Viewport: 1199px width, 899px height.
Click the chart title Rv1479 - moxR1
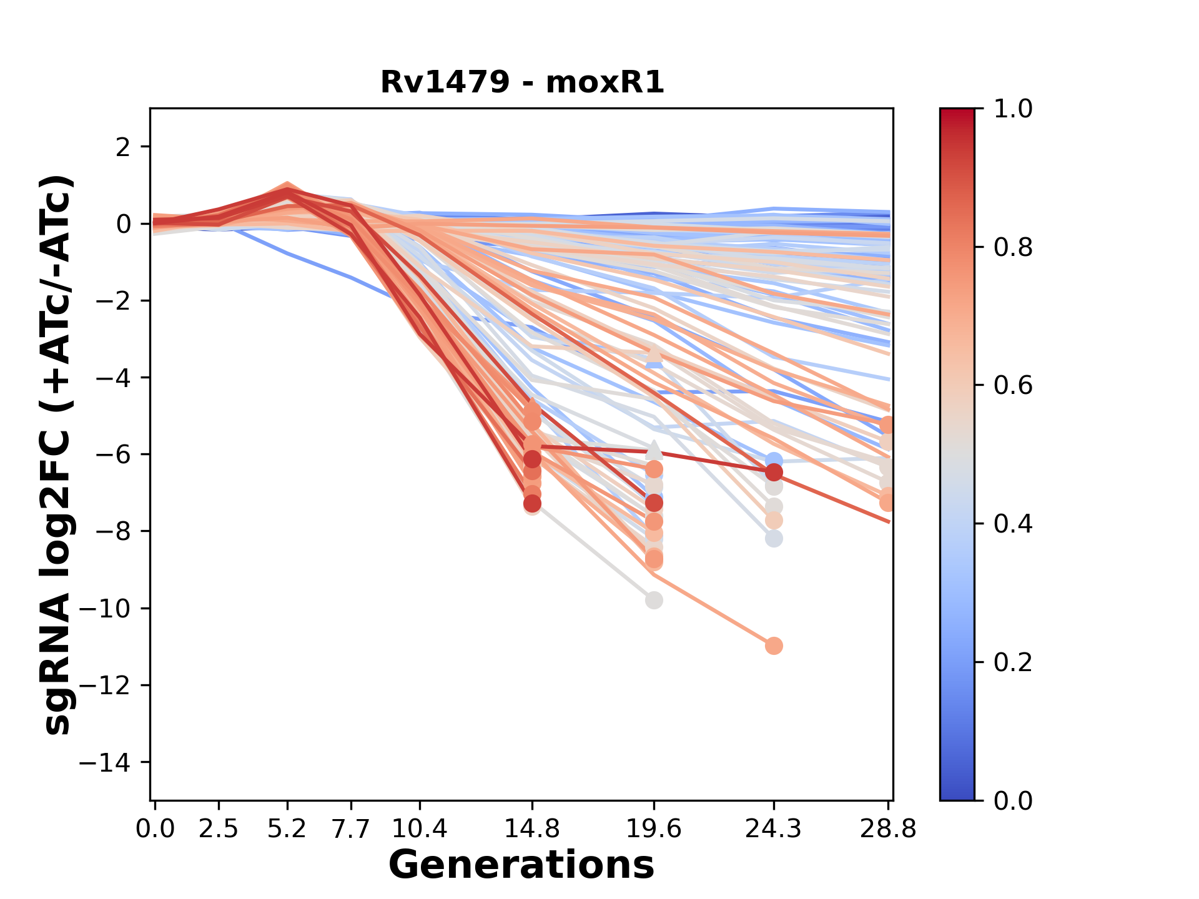tap(522, 82)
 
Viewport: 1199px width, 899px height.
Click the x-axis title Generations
tap(521, 865)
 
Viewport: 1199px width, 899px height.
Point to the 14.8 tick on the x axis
tap(531, 829)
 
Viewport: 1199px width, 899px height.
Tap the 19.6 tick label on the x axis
tap(654, 829)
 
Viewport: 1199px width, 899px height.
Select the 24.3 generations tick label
tap(774, 829)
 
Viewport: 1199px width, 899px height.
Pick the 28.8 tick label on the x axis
tap(888, 829)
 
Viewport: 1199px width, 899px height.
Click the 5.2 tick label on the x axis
tap(287, 829)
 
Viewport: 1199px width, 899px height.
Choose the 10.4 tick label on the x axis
tap(419, 829)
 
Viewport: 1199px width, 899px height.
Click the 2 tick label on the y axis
tap(123, 147)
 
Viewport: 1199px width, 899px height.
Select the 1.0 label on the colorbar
tap(1012, 109)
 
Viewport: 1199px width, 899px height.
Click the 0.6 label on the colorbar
tap(1012, 386)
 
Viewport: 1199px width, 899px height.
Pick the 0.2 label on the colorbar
tap(1012, 662)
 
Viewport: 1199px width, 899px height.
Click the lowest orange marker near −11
tap(774, 646)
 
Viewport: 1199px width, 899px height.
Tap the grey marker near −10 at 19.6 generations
tap(654, 601)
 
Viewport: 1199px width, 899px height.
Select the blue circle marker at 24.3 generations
tap(774, 461)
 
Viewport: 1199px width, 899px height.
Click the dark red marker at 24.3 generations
tap(774, 472)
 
